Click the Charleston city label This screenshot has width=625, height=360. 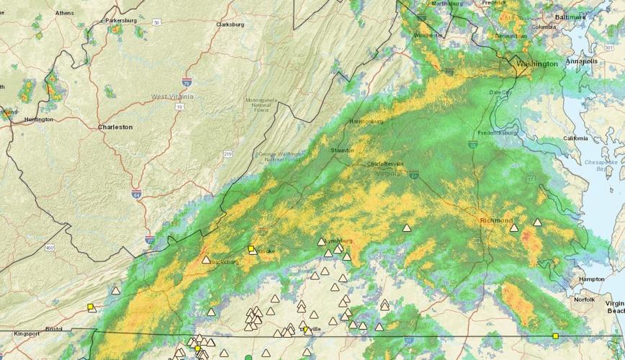point(115,127)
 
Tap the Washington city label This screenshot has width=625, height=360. point(537,63)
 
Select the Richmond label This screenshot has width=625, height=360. point(497,220)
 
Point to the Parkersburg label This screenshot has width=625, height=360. point(121,21)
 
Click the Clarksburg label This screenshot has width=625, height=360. point(230,24)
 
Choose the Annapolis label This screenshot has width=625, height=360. point(581,61)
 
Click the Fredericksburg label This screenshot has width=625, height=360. point(498,133)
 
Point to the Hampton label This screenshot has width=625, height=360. point(591,279)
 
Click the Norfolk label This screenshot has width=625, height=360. point(584,299)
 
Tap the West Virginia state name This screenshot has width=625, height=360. point(173,96)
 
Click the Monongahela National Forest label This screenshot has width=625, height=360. point(261,105)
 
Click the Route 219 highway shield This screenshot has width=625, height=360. point(228,154)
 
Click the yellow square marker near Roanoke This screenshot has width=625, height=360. point(251,249)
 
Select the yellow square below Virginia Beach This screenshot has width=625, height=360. point(555,336)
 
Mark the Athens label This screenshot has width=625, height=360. point(64,13)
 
